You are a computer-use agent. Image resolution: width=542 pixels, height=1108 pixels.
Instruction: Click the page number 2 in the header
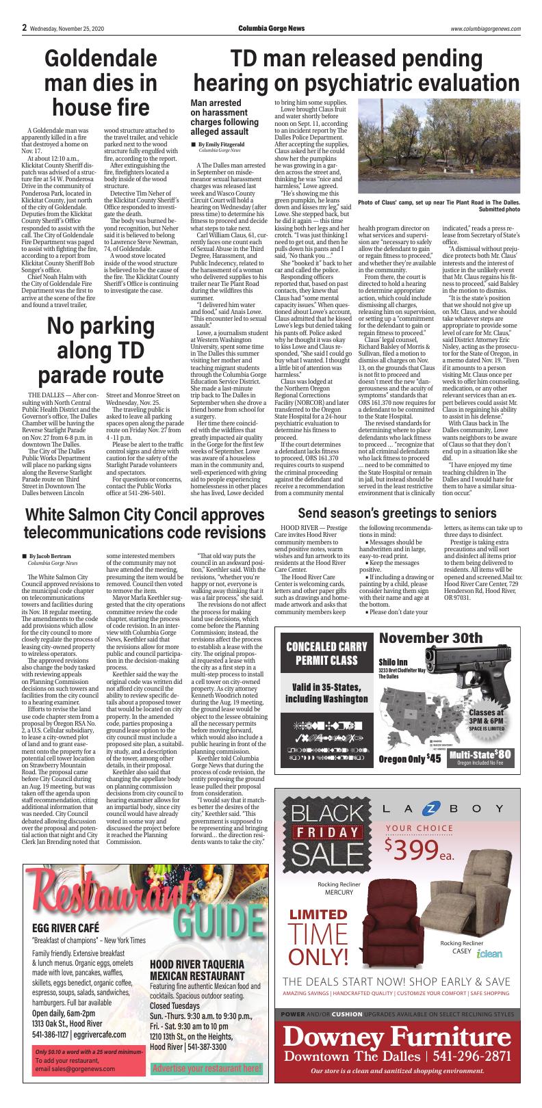point(24,28)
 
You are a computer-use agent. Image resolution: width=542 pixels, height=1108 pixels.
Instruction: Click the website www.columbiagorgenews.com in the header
point(486,29)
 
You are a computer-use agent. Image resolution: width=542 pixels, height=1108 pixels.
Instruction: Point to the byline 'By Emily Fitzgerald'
point(221,145)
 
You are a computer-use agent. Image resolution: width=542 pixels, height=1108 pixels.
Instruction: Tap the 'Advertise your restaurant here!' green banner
point(206,1068)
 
